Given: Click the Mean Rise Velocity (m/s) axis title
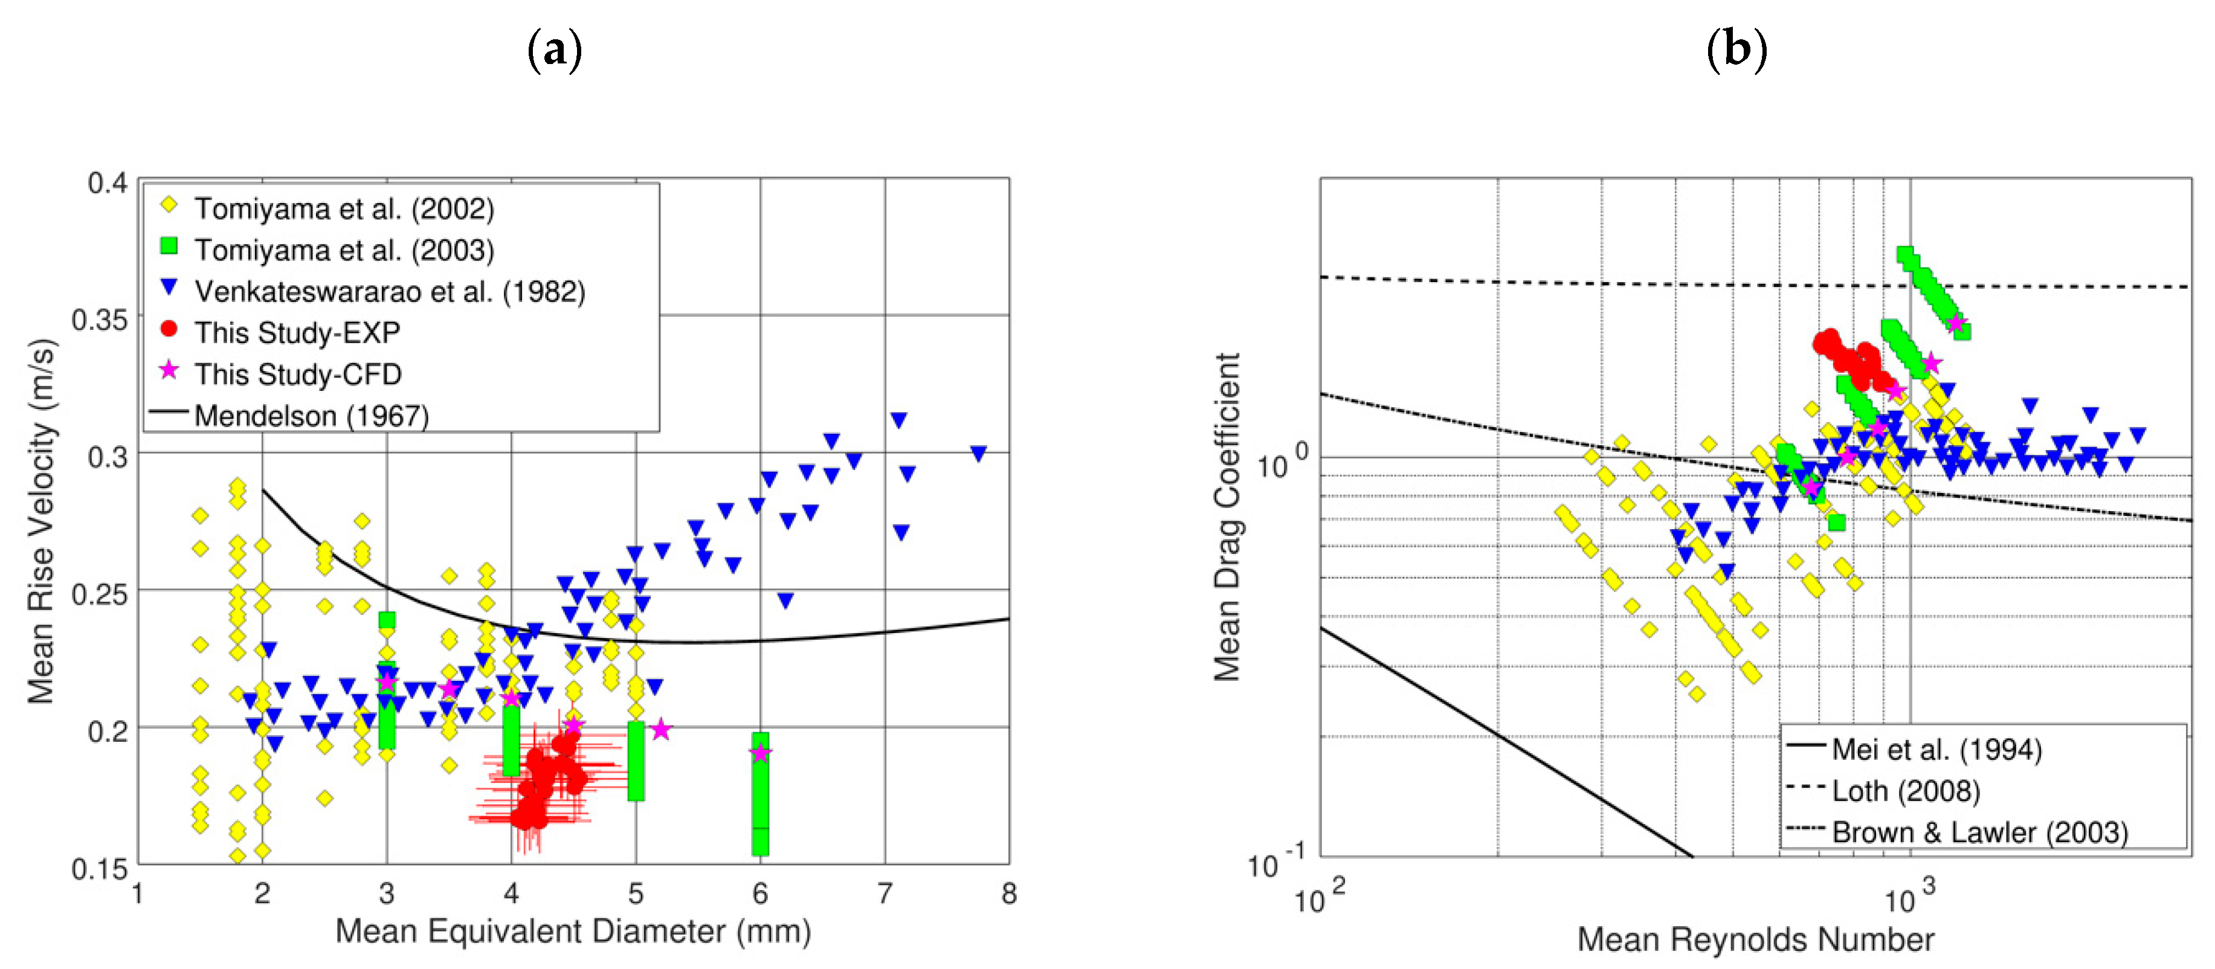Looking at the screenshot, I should click(x=41, y=521).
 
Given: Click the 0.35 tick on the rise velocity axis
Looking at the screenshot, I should click(x=100, y=320).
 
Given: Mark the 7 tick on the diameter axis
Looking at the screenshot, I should click(x=885, y=893).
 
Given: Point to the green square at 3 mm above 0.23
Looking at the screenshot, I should click(x=387, y=620).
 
